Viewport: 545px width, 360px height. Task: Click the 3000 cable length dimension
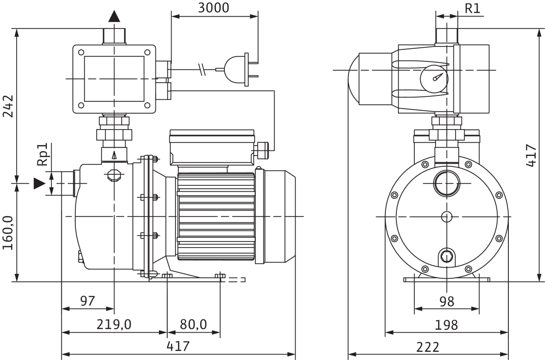(214, 8)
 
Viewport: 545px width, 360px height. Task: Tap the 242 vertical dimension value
(8, 106)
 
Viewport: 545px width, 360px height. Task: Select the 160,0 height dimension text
(8, 233)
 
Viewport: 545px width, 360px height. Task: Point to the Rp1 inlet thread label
(42, 155)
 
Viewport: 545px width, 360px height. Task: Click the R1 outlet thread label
(473, 8)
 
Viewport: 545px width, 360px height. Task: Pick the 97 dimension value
(87, 301)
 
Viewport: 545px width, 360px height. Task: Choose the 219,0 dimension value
(114, 324)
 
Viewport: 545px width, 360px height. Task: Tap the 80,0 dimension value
(193, 324)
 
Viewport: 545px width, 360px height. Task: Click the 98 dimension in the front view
(447, 302)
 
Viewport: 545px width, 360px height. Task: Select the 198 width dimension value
(446, 325)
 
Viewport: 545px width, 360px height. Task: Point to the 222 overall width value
(428, 347)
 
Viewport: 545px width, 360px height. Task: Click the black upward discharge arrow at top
(114, 16)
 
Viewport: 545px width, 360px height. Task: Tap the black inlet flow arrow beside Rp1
(40, 183)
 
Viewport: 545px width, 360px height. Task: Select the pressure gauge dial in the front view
(434, 79)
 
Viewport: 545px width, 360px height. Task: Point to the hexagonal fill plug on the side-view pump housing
(114, 175)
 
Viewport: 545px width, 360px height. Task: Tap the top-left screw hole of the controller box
(81, 52)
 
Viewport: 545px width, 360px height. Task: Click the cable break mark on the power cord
(202, 69)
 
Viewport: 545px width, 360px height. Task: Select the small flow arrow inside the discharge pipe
(114, 156)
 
